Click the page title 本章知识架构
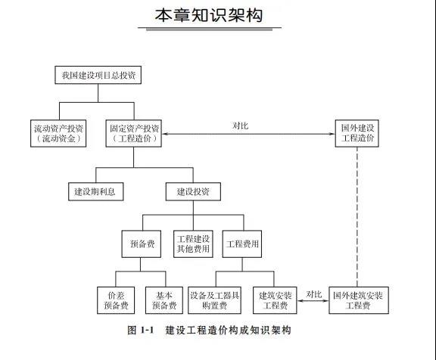(x=209, y=15)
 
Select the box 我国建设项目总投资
(x=98, y=75)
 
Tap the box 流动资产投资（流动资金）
(x=58, y=133)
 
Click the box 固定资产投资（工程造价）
(x=134, y=133)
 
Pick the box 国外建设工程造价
(x=357, y=133)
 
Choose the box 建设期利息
(x=96, y=191)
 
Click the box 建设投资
(x=193, y=191)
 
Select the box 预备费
(x=142, y=244)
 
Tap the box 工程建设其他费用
(x=193, y=244)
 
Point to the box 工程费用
(x=242, y=244)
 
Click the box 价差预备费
(x=116, y=300)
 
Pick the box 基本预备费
(x=164, y=300)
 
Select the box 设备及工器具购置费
(x=214, y=300)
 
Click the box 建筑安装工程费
(x=275, y=300)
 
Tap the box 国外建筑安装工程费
(x=359, y=300)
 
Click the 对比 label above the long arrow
(x=240, y=126)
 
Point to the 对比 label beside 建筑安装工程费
(x=314, y=294)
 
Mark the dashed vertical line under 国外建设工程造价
(x=357, y=217)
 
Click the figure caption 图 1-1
(x=141, y=331)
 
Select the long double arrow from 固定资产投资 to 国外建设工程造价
(x=248, y=134)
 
